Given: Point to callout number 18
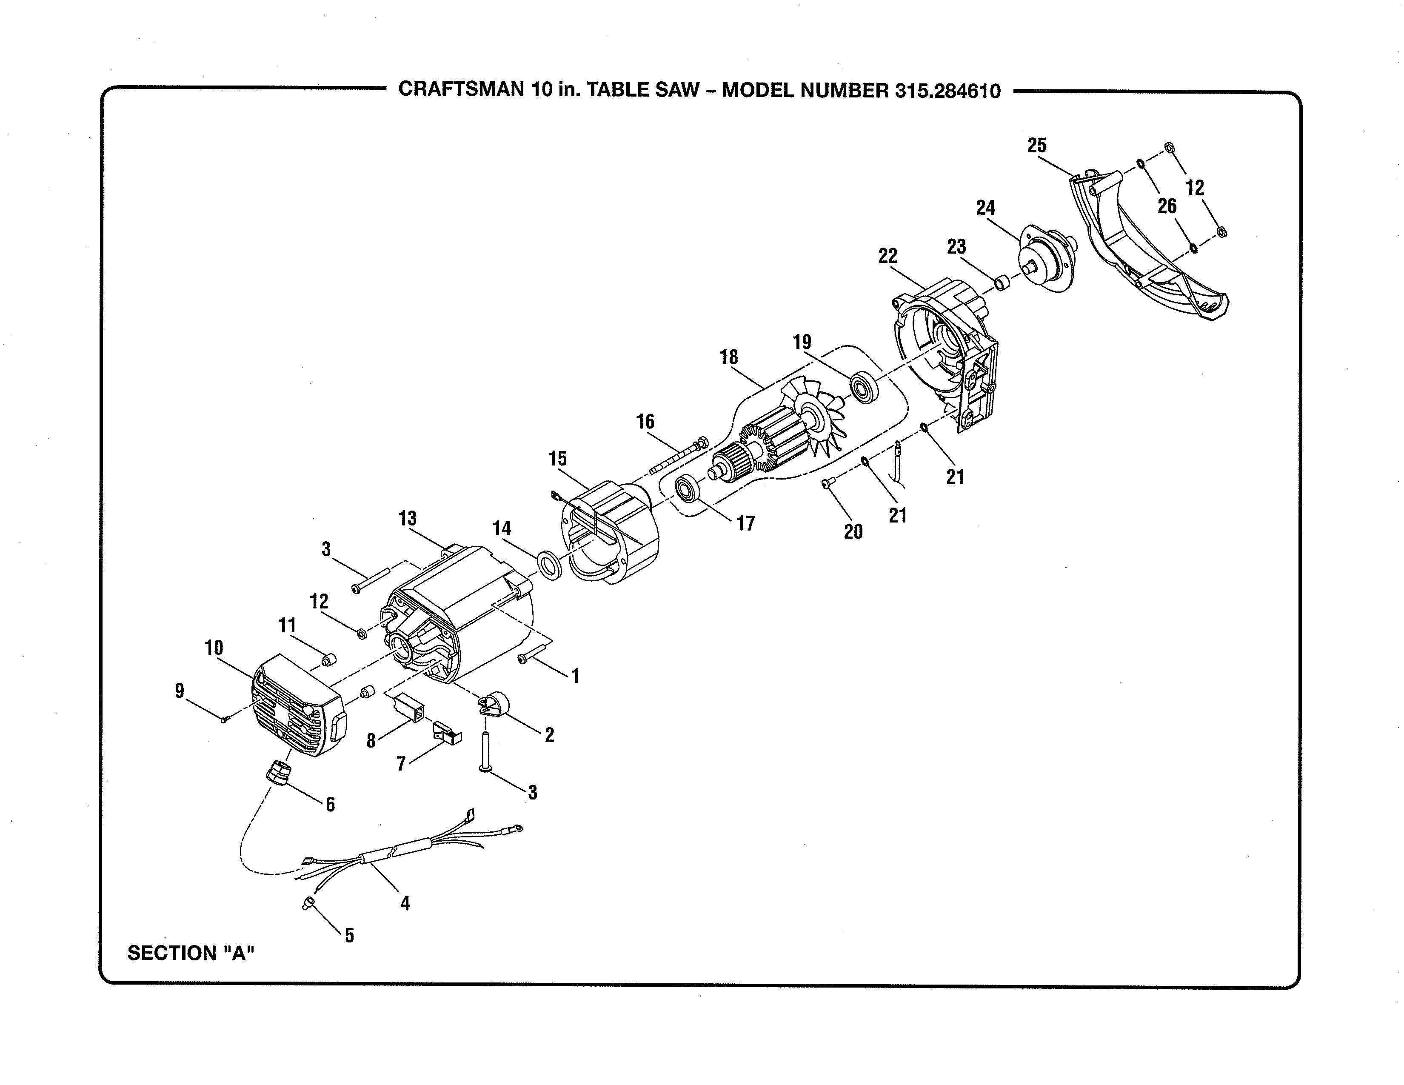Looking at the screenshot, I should pos(728,357).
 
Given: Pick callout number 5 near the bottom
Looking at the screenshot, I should pos(349,935).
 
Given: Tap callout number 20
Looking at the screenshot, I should pos(853,531).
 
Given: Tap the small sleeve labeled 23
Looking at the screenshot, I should pos(1002,283).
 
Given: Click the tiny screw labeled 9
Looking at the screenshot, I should pos(224,720).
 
